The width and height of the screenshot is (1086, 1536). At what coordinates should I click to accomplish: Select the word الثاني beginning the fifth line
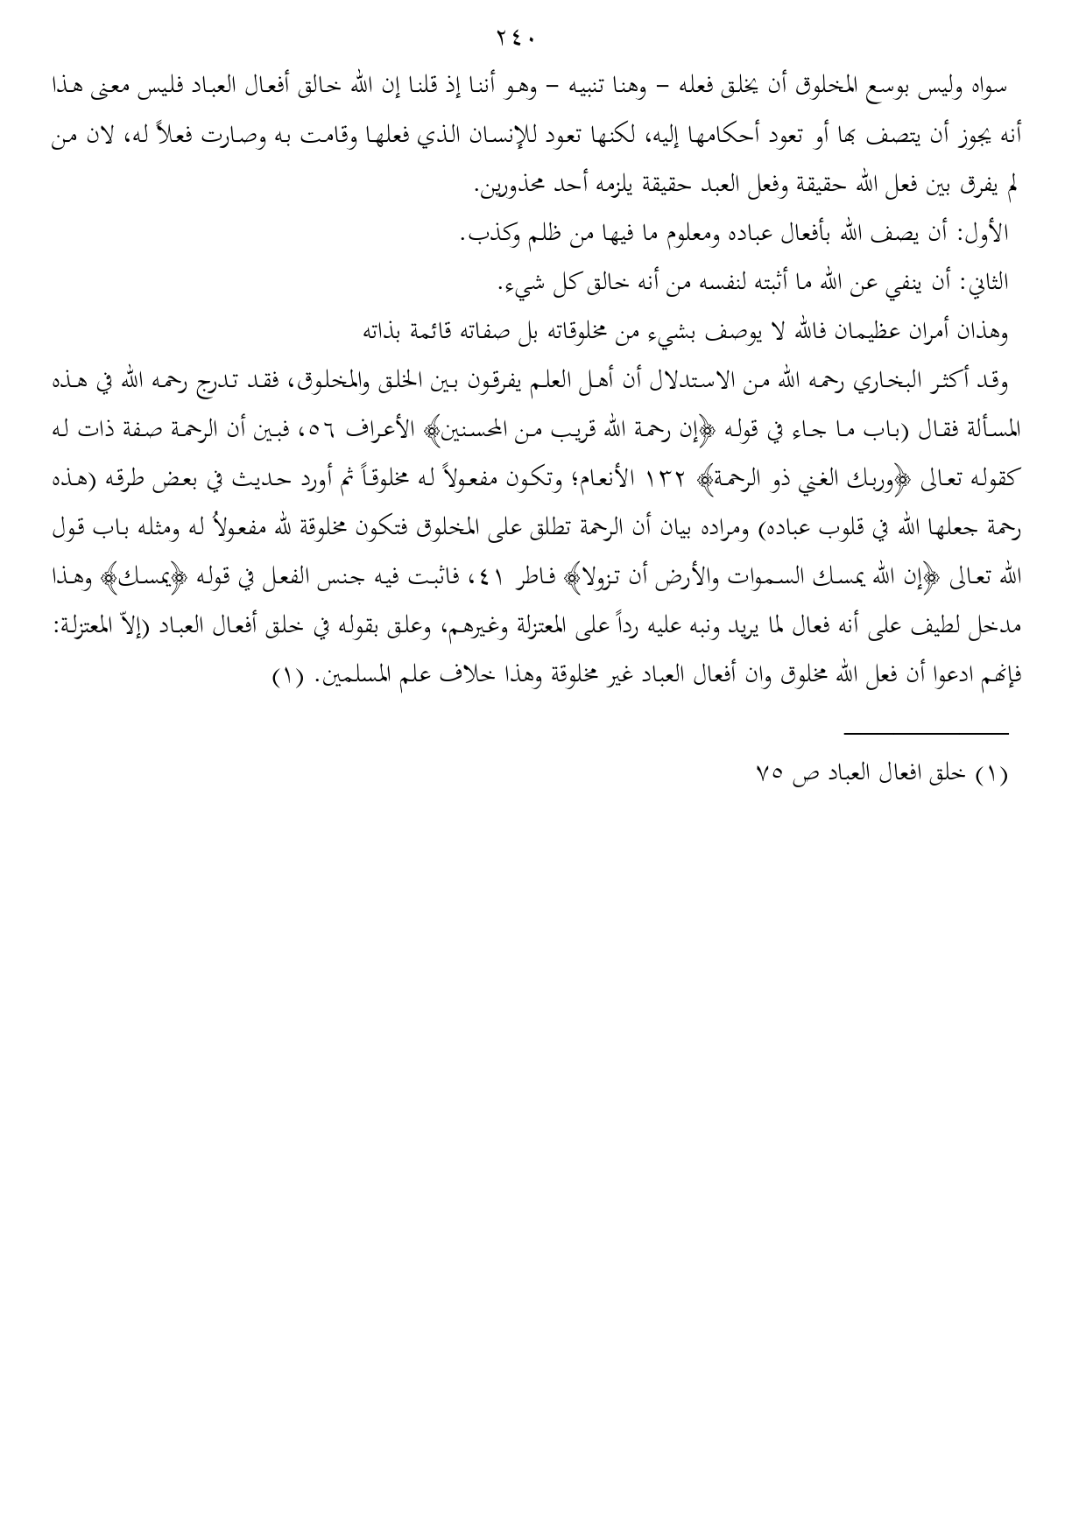pyautogui.click(x=986, y=283)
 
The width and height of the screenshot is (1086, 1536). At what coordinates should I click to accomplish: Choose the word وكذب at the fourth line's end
pyautogui.click(x=484, y=234)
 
